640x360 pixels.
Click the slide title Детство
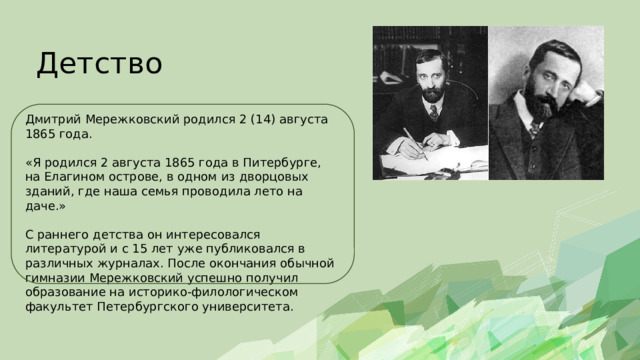tap(100, 64)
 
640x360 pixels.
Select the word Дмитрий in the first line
tap(53, 120)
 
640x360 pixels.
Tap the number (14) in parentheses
tap(263, 120)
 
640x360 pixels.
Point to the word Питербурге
tap(282, 163)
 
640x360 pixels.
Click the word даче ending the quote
tap(39, 206)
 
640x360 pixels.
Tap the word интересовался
tap(213, 235)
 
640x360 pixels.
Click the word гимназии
tap(55, 278)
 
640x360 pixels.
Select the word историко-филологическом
tap(213, 293)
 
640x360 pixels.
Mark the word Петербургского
tap(148, 307)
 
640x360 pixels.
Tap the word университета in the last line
tap(248, 307)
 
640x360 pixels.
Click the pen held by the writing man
tap(416, 144)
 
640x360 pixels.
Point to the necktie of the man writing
tap(434, 112)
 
